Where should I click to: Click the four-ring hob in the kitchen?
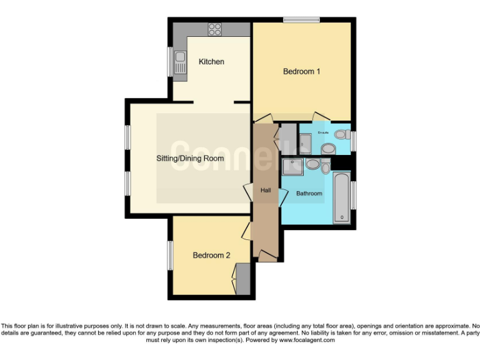[215, 29]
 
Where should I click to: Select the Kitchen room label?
[211, 62]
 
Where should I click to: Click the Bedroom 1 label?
[301, 72]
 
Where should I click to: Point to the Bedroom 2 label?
[211, 256]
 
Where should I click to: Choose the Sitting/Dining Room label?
[190, 159]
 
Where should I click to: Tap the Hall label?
[264, 190]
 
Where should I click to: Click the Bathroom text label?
[309, 194]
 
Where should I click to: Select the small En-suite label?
[323, 132]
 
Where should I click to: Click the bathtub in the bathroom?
[342, 197]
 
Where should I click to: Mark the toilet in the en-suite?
[341, 134]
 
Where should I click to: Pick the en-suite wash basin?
[327, 149]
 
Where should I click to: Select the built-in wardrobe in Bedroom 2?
[243, 279]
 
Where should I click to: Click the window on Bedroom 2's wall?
[169, 255]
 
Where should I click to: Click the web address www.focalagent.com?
[307, 341]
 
